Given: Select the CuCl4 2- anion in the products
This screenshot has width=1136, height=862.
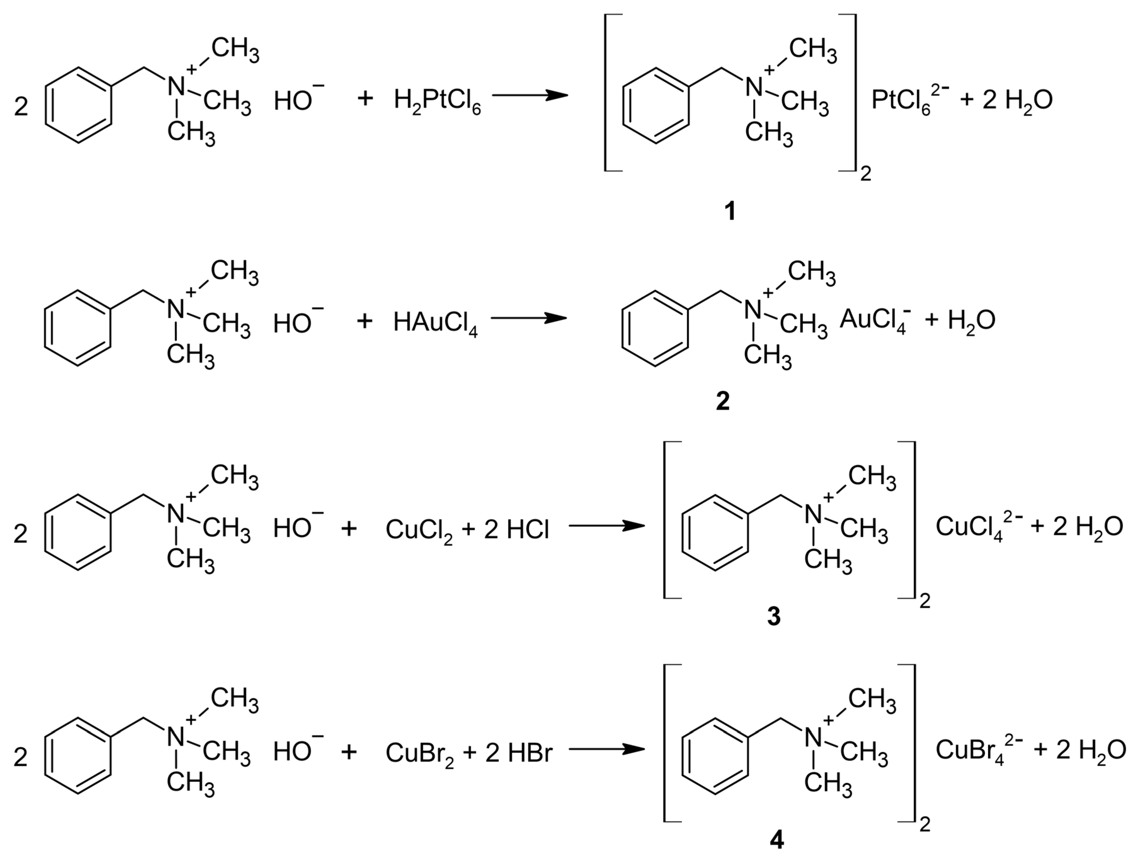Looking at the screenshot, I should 978,527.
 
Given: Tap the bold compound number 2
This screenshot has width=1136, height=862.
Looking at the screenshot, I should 723,402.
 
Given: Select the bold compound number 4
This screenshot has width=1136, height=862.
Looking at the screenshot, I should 776,840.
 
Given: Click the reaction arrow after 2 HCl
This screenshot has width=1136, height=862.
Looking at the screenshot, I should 606,526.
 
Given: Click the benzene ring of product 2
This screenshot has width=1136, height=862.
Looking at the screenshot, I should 655,329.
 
